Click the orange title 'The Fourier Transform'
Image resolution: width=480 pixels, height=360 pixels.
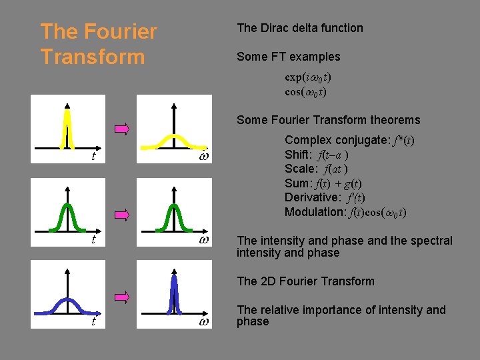click(98, 44)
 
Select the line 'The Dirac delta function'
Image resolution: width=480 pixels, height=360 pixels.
click(300, 28)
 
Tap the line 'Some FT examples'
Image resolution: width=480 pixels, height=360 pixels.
click(288, 57)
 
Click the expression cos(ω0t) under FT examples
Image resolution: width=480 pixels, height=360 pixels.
click(305, 91)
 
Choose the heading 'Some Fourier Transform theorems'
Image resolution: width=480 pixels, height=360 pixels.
click(328, 120)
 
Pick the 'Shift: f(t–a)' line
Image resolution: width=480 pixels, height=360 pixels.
click(317, 155)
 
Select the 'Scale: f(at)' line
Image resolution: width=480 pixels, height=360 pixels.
click(316, 169)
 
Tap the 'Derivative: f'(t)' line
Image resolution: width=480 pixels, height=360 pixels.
click(325, 197)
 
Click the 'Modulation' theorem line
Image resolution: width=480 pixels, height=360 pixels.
click(345, 212)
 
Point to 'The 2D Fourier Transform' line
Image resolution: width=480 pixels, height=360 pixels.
click(305, 281)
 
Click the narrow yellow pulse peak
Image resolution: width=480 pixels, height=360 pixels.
click(67, 127)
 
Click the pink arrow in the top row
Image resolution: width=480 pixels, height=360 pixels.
click(121, 129)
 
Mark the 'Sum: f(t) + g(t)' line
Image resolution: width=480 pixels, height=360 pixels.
click(323, 183)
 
